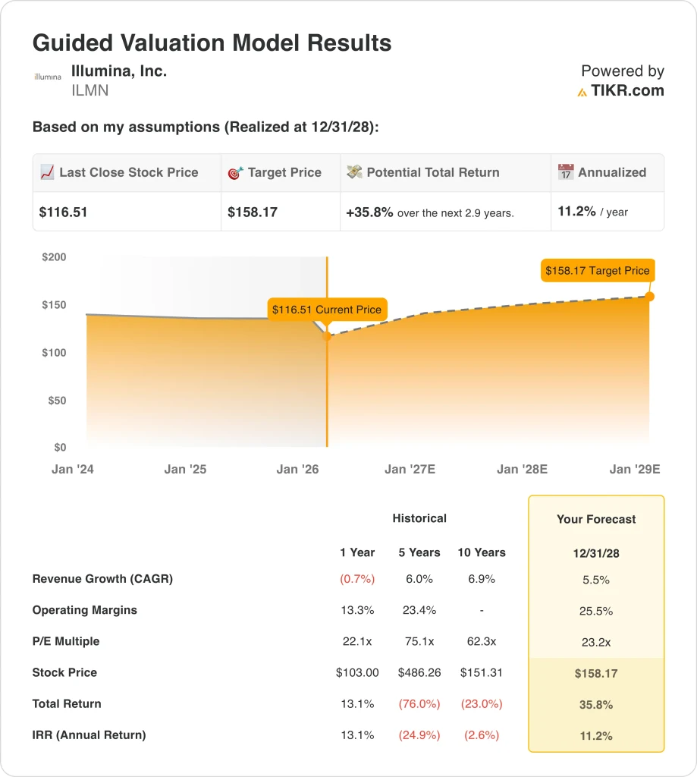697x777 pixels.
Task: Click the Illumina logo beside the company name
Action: pyautogui.click(x=48, y=77)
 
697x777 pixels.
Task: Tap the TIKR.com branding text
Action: pyautogui.click(x=627, y=91)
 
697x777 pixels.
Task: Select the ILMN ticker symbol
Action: pyautogui.click(x=89, y=91)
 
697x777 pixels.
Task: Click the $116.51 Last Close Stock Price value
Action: pyautogui.click(x=63, y=212)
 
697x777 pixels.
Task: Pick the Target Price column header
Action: pyautogui.click(x=284, y=172)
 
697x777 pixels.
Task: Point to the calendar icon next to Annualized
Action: pyautogui.click(x=566, y=172)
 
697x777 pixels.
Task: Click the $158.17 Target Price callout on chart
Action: pyautogui.click(x=597, y=270)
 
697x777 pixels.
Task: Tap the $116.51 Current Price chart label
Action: pyautogui.click(x=326, y=310)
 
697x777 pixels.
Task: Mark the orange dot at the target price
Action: pyautogui.click(x=650, y=296)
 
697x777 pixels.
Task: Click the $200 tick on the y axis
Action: pyautogui.click(x=54, y=257)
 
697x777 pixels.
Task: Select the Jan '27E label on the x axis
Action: pyautogui.click(x=410, y=470)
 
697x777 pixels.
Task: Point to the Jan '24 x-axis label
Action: pyautogui.click(x=73, y=470)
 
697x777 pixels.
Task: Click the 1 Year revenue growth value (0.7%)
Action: pyautogui.click(x=357, y=579)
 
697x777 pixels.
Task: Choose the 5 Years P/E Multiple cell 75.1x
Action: pyautogui.click(x=419, y=641)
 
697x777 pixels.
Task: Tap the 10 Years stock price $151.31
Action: pyautogui.click(x=481, y=672)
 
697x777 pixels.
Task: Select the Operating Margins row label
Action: pyautogui.click(x=85, y=610)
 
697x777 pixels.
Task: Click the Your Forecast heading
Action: pyautogui.click(x=596, y=520)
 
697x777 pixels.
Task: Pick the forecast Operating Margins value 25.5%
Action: pyautogui.click(x=596, y=611)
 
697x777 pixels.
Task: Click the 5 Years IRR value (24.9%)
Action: pyautogui.click(x=419, y=735)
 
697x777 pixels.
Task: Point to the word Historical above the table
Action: pyautogui.click(x=419, y=518)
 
